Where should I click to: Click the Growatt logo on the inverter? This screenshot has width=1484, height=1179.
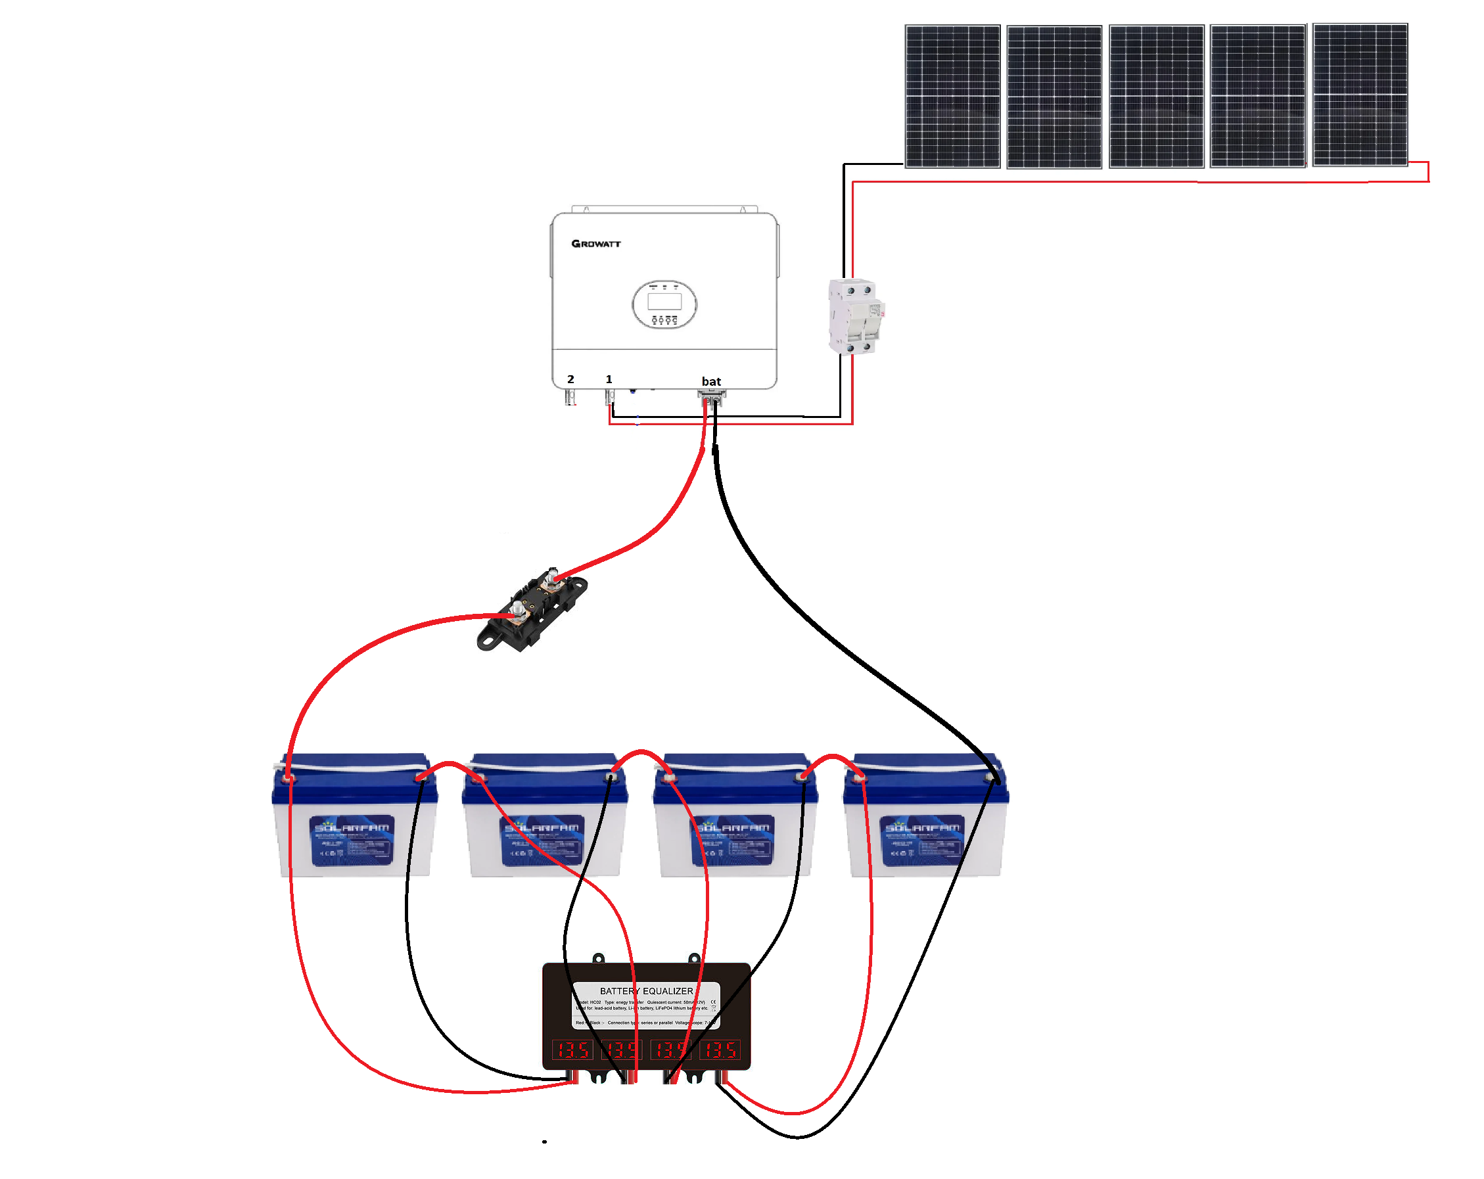595,244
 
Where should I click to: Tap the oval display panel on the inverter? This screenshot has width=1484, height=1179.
664,304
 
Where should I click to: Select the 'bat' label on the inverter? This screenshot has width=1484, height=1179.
711,381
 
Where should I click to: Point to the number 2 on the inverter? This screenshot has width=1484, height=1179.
570,379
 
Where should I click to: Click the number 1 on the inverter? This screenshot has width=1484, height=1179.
609,379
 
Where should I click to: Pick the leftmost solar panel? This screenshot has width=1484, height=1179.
952,97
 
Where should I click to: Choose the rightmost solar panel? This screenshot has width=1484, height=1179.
1359,95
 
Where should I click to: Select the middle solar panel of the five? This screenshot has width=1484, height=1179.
1156,97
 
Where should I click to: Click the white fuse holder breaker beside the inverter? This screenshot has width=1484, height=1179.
855,316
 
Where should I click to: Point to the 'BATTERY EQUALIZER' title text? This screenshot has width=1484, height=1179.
646,991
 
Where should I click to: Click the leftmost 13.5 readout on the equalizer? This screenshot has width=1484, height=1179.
572,1050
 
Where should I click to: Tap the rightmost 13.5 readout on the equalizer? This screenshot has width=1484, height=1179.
720,1050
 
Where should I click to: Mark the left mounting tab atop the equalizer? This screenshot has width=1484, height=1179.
598,958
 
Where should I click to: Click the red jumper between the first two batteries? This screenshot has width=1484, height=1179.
449,766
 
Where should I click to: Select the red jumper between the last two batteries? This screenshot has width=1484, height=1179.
832,758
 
